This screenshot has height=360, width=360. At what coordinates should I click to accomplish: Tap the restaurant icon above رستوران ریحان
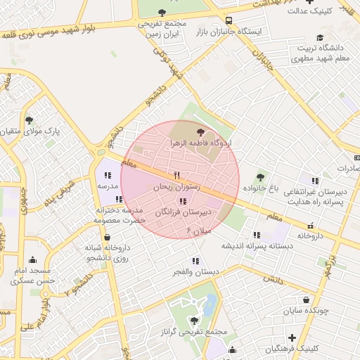click(x=176, y=175)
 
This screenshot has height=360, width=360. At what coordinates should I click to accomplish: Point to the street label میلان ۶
click(x=198, y=231)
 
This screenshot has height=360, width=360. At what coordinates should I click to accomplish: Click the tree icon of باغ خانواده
click(x=261, y=177)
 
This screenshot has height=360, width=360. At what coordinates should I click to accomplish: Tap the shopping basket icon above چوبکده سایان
click(x=305, y=299)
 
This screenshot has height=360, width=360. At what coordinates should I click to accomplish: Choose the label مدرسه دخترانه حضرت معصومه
click(x=120, y=215)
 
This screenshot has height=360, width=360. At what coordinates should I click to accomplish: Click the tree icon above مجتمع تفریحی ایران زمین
click(x=162, y=12)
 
